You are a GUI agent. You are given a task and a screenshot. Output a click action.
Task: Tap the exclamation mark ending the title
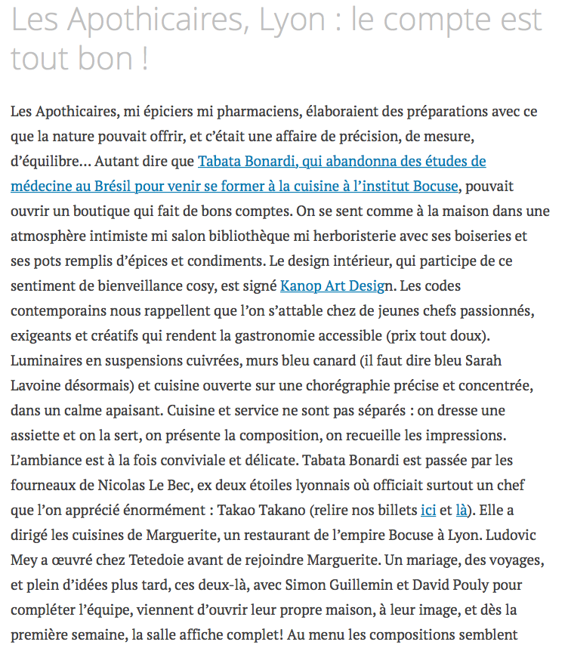pos(144,60)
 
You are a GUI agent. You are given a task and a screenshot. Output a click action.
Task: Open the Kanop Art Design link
pos(338,286)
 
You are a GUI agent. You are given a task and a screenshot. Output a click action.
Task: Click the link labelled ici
pos(428,510)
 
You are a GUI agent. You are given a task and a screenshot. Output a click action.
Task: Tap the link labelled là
pos(461,510)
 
